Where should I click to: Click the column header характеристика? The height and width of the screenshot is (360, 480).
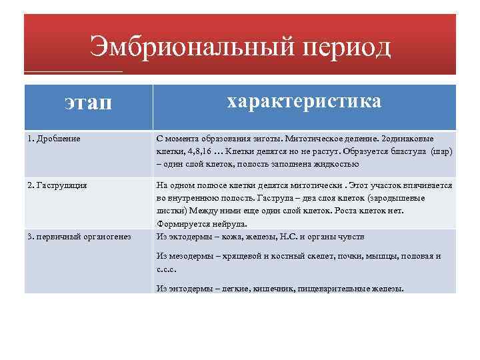(x=304, y=101)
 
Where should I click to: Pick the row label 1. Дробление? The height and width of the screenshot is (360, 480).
(x=54, y=139)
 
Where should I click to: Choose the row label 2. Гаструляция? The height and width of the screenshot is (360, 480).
(x=57, y=185)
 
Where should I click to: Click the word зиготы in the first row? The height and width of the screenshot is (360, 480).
(x=265, y=139)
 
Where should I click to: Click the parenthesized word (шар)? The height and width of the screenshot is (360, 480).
(x=441, y=151)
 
